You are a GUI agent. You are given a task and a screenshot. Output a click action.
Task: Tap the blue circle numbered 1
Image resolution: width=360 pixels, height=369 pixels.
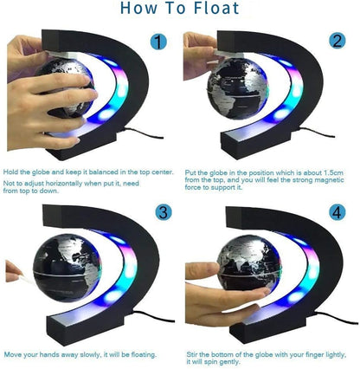click(x=158, y=42)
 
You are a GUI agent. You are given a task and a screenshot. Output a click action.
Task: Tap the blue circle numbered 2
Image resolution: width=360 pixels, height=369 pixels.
click(x=337, y=42)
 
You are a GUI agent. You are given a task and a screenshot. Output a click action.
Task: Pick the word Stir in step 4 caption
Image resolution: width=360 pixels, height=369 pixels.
click(x=193, y=354)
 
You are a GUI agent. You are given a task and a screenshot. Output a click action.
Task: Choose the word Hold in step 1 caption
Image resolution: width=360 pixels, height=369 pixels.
click(x=11, y=172)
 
